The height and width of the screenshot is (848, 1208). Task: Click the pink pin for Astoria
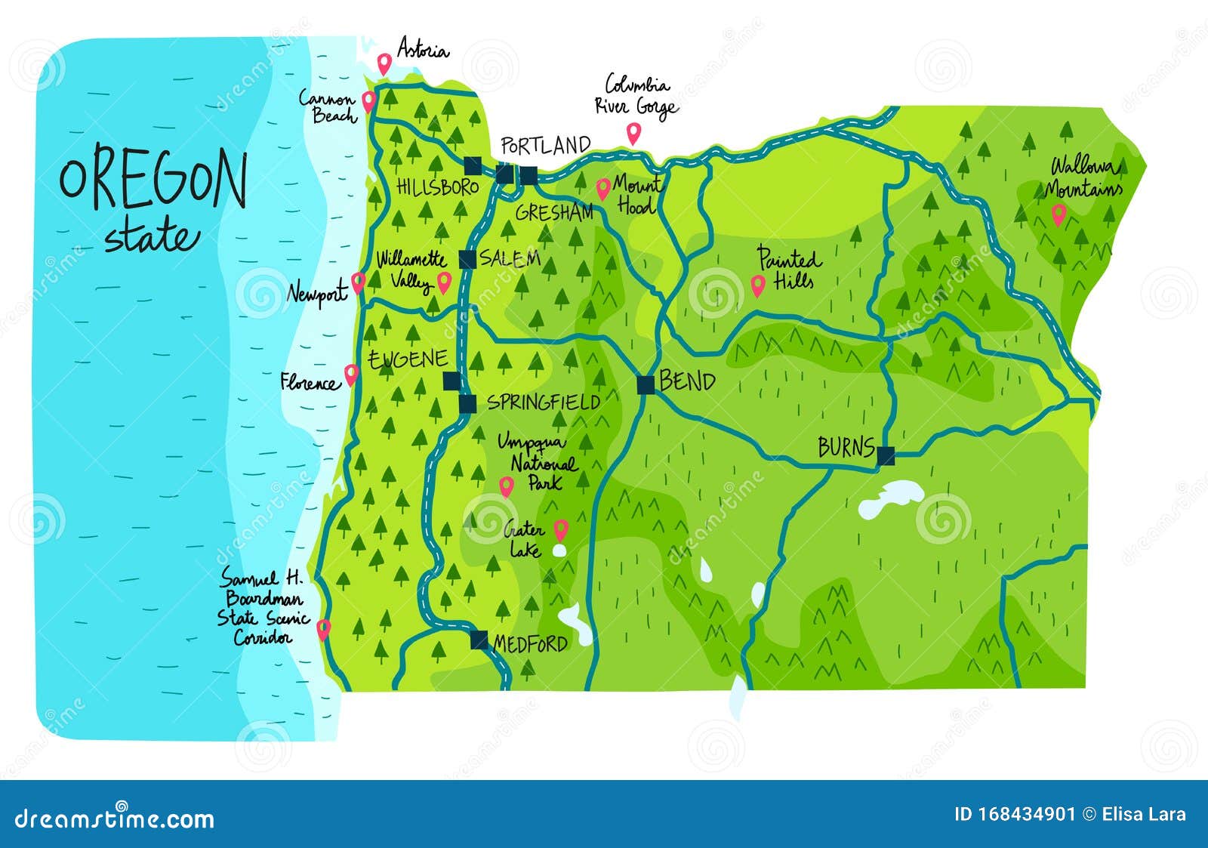click(x=384, y=63)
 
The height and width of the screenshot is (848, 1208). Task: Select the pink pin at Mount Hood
click(x=602, y=189)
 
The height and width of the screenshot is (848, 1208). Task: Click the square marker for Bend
click(x=646, y=385)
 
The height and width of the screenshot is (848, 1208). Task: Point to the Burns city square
click(x=886, y=455)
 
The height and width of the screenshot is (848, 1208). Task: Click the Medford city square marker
click(x=479, y=640)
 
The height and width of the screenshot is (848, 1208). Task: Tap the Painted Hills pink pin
click(x=758, y=285)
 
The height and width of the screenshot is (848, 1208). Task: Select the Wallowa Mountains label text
click(x=1084, y=177)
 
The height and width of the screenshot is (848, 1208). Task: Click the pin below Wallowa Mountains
click(x=1059, y=215)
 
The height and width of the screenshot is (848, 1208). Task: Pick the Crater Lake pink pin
click(x=560, y=529)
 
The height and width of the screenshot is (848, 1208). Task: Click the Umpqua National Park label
click(x=538, y=461)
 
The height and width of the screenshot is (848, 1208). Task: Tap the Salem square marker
click(x=467, y=259)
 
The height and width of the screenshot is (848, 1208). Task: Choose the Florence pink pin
click(x=351, y=374)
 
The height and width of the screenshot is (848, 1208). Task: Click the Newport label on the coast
click(x=317, y=293)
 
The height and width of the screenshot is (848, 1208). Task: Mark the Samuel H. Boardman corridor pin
click(x=323, y=628)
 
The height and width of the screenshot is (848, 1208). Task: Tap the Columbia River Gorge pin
click(x=633, y=134)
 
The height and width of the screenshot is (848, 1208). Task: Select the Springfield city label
click(x=543, y=402)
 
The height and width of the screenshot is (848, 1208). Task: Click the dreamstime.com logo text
click(x=115, y=818)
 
